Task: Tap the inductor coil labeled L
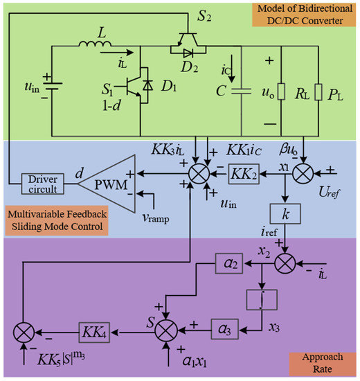click(92, 47)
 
